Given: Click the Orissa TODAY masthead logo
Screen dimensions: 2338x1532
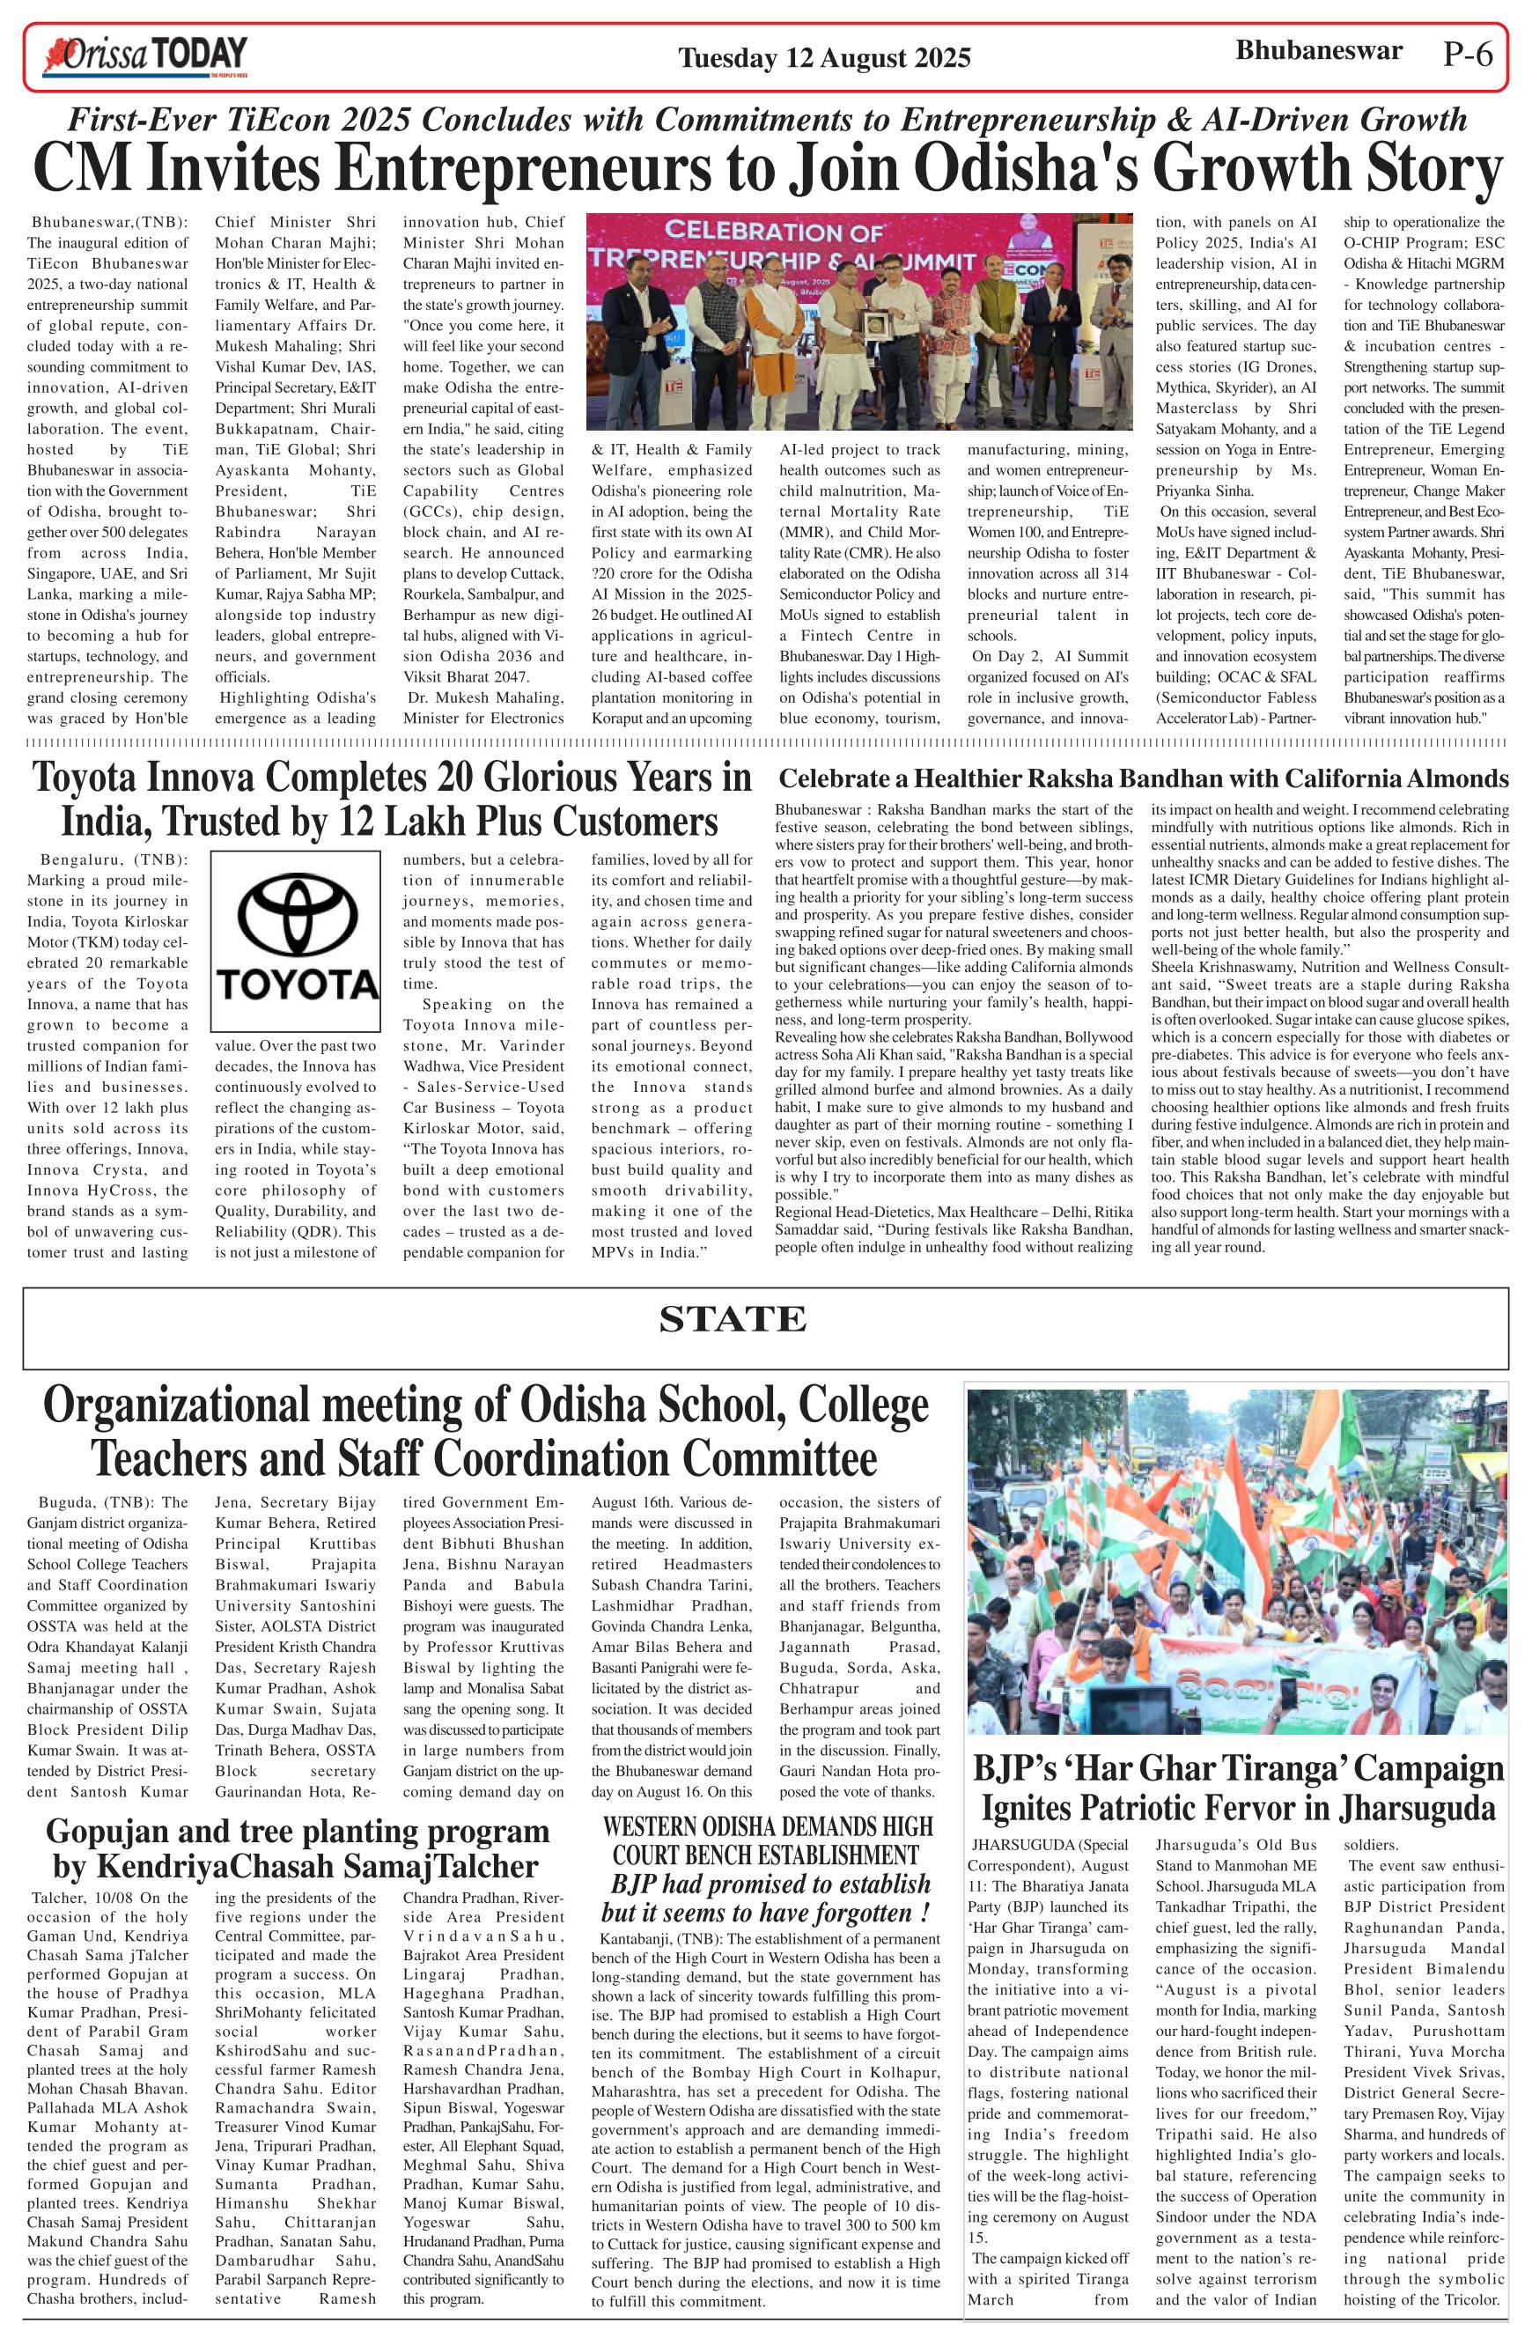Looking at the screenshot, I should tap(144, 57).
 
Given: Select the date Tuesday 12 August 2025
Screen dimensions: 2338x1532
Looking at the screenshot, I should tap(824, 59).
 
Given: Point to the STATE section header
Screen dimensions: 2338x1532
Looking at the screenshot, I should tap(733, 1319).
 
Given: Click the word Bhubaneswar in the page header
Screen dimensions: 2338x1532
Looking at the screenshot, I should tap(1318, 51).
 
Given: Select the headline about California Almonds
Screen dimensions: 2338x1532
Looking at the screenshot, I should tap(1142, 779).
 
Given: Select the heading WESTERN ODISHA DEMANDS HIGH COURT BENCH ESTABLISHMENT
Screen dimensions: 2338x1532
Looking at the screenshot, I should tap(767, 1841).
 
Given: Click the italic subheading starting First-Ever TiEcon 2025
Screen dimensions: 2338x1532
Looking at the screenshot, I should tap(766, 120).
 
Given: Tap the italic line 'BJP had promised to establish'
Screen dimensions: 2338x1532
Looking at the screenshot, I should tap(770, 1884).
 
